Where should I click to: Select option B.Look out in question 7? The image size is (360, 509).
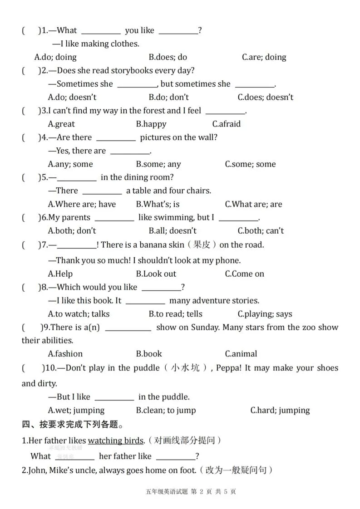[x=156, y=274]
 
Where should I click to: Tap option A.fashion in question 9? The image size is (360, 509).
[x=65, y=353]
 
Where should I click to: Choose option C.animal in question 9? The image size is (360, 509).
[x=241, y=353]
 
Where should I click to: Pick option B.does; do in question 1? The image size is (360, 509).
[x=168, y=57]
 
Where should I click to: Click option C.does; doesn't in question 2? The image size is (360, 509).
[x=265, y=97]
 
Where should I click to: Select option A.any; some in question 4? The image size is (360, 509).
[x=70, y=164]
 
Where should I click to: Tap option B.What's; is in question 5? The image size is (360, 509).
[x=158, y=204]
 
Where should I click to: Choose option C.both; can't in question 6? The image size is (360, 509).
[x=261, y=230]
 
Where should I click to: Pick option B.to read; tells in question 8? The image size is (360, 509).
[x=175, y=314]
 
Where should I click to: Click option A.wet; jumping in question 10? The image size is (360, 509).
[x=76, y=410]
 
